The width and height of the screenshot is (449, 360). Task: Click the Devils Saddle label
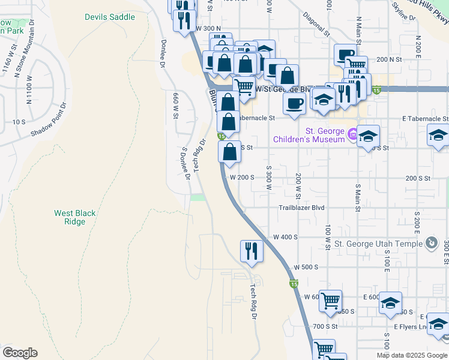tap(110, 17)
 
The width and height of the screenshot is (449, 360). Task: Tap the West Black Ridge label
tap(75, 217)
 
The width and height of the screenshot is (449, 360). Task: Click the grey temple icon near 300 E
tap(430, 243)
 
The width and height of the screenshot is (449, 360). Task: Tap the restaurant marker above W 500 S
tap(252, 251)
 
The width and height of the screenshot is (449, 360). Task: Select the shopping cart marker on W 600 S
tap(330, 301)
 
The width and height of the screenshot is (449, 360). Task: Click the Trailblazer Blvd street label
tap(301, 208)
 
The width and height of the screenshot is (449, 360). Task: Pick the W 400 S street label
tap(283, 237)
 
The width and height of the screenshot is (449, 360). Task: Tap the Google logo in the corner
tap(20, 353)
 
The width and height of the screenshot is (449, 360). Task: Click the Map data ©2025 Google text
tap(411, 355)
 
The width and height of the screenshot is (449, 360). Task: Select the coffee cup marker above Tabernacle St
tap(294, 103)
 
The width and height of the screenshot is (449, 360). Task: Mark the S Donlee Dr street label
tap(185, 163)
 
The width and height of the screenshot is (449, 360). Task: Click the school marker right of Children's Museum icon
tap(368, 136)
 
